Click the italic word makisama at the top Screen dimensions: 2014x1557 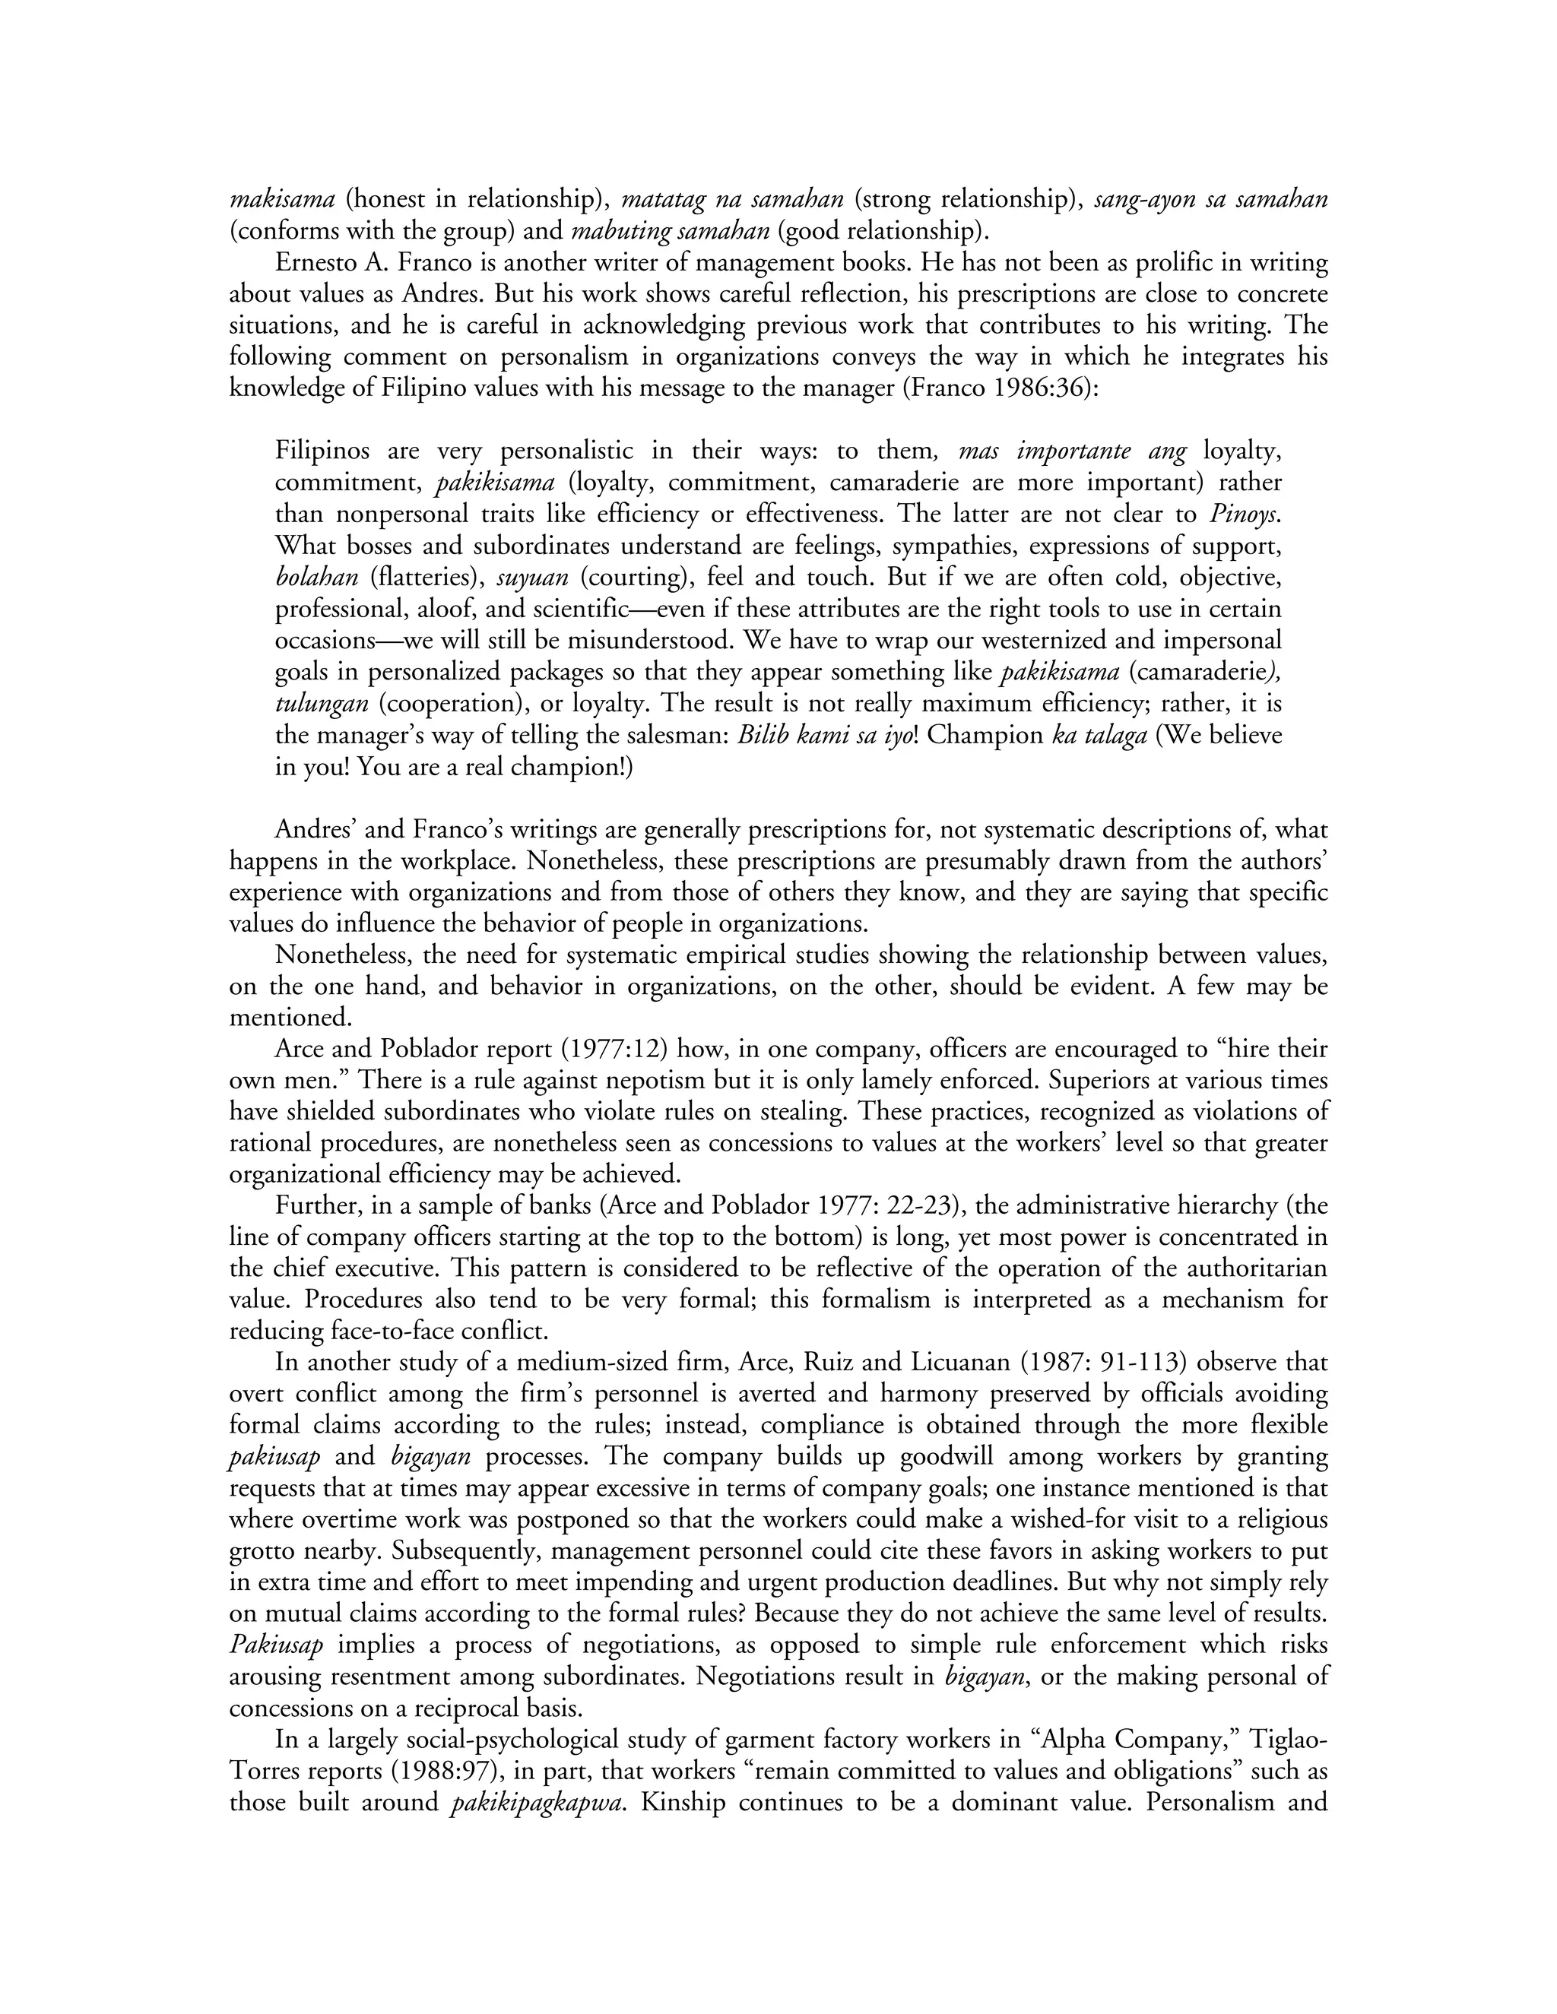tap(281, 200)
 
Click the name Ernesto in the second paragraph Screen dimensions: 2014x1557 tap(316, 263)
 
